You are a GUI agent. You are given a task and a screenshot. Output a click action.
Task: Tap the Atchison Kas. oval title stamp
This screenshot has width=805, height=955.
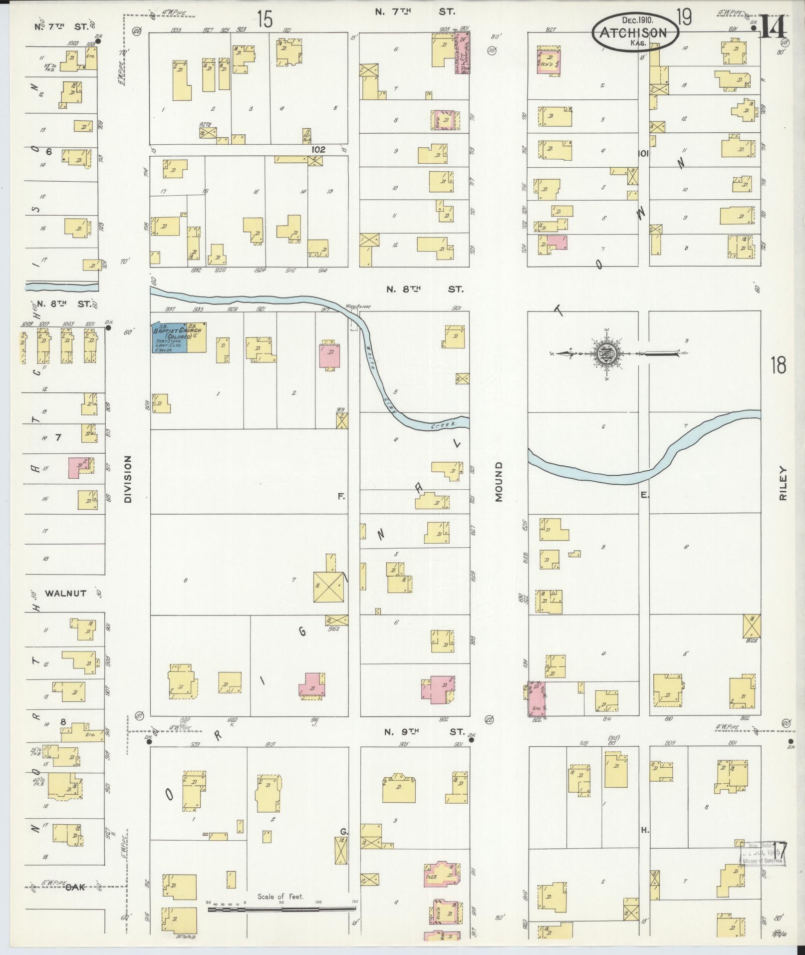point(635,32)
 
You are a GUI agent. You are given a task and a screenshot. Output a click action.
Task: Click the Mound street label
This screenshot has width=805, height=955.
point(499,481)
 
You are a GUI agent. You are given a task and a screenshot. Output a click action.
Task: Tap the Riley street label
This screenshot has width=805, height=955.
point(783,483)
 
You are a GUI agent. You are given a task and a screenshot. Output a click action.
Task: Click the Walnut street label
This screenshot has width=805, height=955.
point(65,593)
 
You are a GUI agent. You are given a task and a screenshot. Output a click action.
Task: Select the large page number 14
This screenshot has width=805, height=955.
point(774,26)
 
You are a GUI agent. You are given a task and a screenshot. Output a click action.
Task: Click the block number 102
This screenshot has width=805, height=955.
point(318,149)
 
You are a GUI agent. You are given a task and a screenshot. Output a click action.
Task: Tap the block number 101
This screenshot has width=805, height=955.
point(643,154)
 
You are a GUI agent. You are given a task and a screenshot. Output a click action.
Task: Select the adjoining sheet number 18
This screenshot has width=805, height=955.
point(778,365)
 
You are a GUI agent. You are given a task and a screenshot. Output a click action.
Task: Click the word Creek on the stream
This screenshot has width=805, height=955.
point(443,424)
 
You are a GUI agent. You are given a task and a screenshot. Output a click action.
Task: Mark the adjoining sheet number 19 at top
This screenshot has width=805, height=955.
point(684,18)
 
